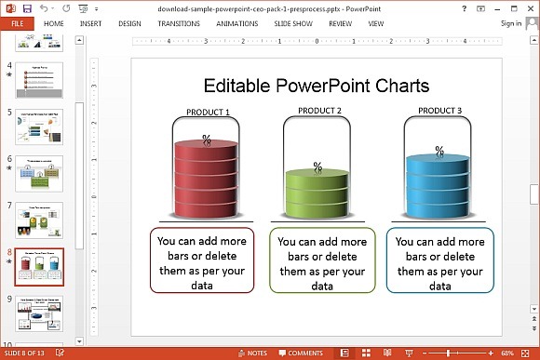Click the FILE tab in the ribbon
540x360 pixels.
tap(17, 22)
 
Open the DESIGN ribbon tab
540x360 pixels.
tap(130, 22)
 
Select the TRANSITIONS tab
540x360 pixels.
tap(179, 22)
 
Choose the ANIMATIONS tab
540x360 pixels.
tap(237, 22)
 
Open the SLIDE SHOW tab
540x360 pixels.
tap(294, 22)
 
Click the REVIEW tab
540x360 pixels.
tap(341, 22)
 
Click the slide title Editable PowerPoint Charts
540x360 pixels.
tap(317, 86)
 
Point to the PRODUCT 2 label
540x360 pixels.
tap(319, 112)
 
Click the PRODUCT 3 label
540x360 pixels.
tap(439, 111)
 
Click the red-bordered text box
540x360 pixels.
tap(201, 260)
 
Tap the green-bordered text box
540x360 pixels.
tap(323, 260)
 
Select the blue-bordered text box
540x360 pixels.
tap(440, 260)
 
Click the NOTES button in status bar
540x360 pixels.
tap(254, 353)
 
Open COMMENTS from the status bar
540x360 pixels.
tap(301, 353)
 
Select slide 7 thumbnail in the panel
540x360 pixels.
tap(39, 220)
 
